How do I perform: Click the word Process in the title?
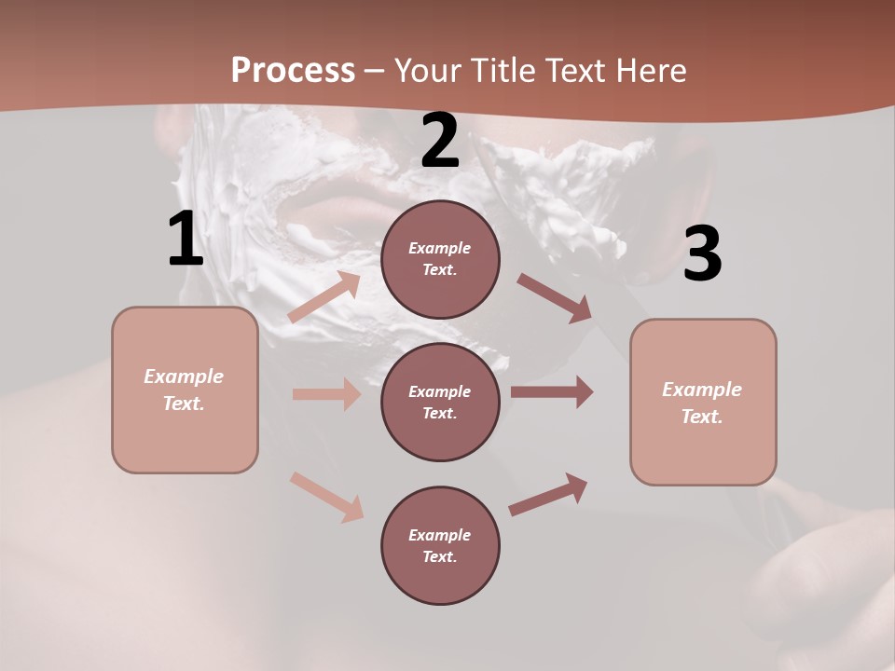[293, 70]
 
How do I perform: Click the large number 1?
[186, 240]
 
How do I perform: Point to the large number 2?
[440, 142]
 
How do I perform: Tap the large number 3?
[702, 253]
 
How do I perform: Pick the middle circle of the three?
[440, 402]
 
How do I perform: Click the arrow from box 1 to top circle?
[324, 297]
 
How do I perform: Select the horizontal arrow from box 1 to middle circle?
[326, 394]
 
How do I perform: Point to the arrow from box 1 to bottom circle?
[326, 497]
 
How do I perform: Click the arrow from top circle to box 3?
[554, 298]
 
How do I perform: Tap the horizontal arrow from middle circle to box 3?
[552, 391]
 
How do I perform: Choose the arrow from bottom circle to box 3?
[548, 495]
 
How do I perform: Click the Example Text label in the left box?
[184, 390]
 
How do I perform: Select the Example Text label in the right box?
[702, 403]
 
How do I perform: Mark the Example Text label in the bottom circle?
[439, 545]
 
